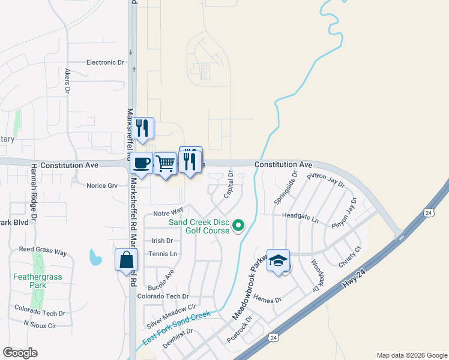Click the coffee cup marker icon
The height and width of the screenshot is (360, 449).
click(142, 162)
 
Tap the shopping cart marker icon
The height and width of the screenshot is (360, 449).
click(165, 163)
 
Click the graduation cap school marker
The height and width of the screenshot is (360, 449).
click(278, 260)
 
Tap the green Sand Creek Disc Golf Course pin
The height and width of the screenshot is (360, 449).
click(238, 226)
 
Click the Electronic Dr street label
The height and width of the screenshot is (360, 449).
click(105, 62)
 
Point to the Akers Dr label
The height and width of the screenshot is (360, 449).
click(68, 80)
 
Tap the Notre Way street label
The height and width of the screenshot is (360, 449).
click(168, 212)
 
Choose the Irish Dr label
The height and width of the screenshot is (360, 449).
click(162, 241)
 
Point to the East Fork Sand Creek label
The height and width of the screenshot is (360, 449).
click(176, 328)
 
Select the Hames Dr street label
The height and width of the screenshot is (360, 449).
click(268, 299)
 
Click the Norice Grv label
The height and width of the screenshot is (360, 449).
click(102, 185)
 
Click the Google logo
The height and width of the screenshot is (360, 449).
click(20, 352)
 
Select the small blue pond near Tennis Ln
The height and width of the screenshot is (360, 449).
click(95, 258)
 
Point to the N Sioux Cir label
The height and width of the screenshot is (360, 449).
click(40, 325)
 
